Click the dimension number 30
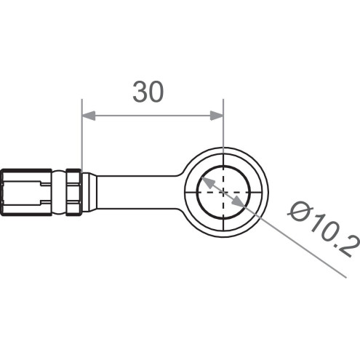pyautogui.click(x=148, y=92)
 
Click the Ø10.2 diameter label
pyautogui.click(x=324, y=227)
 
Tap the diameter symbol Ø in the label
pyautogui.click(x=300, y=211)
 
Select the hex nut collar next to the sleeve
pyautogui.click(x=73, y=192)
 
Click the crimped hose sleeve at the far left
pyautogui.click(x=28, y=192)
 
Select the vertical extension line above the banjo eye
pyautogui.click(x=224, y=131)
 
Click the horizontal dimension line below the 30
pyautogui.click(x=153, y=115)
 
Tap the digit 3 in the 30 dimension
pyautogui.click(x=139, y=92)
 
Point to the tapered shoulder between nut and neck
pyautogui.click(x=88, y=192)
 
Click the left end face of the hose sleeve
pyautogui.click(x=3, y=192)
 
